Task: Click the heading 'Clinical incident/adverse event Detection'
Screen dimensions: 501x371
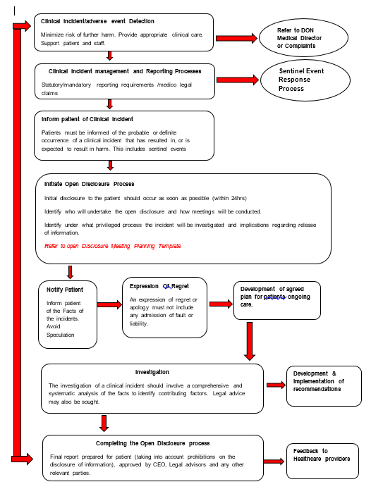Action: pyautogui.click(x=97, y=21)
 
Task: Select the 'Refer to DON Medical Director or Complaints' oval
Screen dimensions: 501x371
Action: pyautogui.click(x=305, y=38)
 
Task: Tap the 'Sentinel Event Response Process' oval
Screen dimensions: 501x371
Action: pyautogui.click(x=305, y=80)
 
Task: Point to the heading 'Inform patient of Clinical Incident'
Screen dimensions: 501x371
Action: pyautogui.click(x=87, y=119)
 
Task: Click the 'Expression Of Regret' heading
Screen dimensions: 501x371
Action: pyautogui.click(x=159, y=286)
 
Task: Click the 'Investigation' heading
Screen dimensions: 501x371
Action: pyautogui.click(x=152, y=371)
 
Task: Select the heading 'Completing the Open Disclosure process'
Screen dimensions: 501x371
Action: pyautogui.click(x=152, y=443)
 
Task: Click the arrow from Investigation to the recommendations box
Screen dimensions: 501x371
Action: pyautogui.click(x=274, y=385)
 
